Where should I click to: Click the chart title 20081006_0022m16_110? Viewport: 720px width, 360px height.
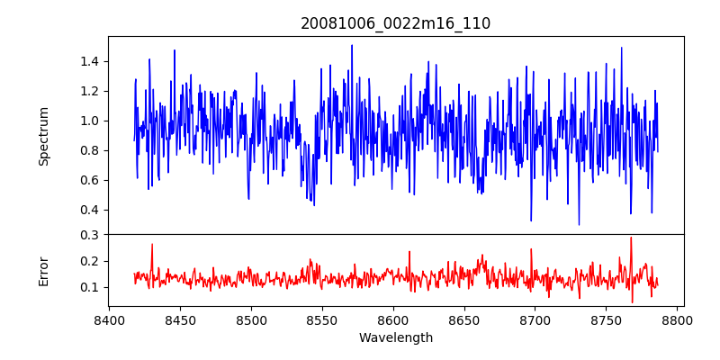[395, 23]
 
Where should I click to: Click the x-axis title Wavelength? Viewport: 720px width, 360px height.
[395, 338]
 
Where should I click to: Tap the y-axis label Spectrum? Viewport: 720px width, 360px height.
[44, 136]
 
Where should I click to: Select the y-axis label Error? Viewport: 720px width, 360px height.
[44, 271]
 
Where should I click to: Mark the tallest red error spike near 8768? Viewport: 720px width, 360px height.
[631, 238]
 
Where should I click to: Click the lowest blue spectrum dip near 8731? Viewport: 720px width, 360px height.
[579, 224]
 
